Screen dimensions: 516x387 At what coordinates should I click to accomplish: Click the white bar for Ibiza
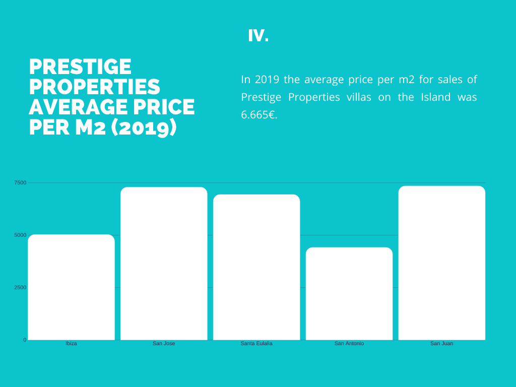[x=72, y=287]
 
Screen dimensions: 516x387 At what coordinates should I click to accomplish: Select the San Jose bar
[x=164, y=263]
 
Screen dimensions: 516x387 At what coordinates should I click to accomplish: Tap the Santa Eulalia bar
[x=256, y=267]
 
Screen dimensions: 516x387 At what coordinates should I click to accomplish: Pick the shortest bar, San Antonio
[x=349, y=294]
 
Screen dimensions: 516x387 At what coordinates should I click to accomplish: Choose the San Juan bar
[x=442, y=263]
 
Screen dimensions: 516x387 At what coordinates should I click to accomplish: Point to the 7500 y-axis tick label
[x=20, y=182]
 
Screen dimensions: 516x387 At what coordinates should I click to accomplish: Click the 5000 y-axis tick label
[x=20, y=235]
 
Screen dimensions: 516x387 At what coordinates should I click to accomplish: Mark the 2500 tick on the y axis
[x=20, y=288]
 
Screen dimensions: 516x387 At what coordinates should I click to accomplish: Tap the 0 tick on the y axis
[x=25, y=340]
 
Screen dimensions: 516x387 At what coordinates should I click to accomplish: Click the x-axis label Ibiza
[x=72, y=344]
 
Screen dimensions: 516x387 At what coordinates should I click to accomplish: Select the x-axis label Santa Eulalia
[x=256, y=344]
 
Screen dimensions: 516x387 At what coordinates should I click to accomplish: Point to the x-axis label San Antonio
[x=349, y=344]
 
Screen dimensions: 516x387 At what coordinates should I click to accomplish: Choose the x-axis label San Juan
[x=442, y=344]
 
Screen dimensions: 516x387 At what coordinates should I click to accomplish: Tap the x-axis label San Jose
[x=164, y=344]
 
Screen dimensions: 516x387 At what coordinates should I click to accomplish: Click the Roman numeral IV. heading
[x=259, y=36]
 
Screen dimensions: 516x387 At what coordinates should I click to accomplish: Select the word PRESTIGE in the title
[x=80, y=67]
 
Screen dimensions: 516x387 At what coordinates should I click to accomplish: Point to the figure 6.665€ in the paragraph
[x=260, y=115]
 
